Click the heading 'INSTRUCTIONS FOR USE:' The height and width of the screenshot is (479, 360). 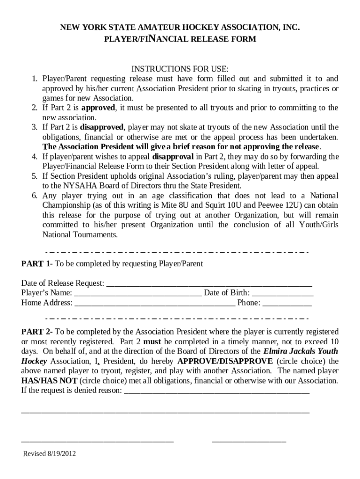[180, 69]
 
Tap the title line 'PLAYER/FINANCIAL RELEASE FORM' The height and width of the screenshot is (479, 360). [180, 39]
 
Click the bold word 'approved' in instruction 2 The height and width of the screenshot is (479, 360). [98, 108]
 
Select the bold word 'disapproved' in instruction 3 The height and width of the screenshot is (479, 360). [102, 127]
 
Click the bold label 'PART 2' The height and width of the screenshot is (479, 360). [36, 332]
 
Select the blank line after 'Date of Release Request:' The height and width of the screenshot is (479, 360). [209, 284]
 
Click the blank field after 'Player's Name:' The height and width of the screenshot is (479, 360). [138, 294]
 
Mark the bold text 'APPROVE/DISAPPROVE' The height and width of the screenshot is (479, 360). [225, 361]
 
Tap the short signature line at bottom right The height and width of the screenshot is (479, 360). [249, 441]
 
